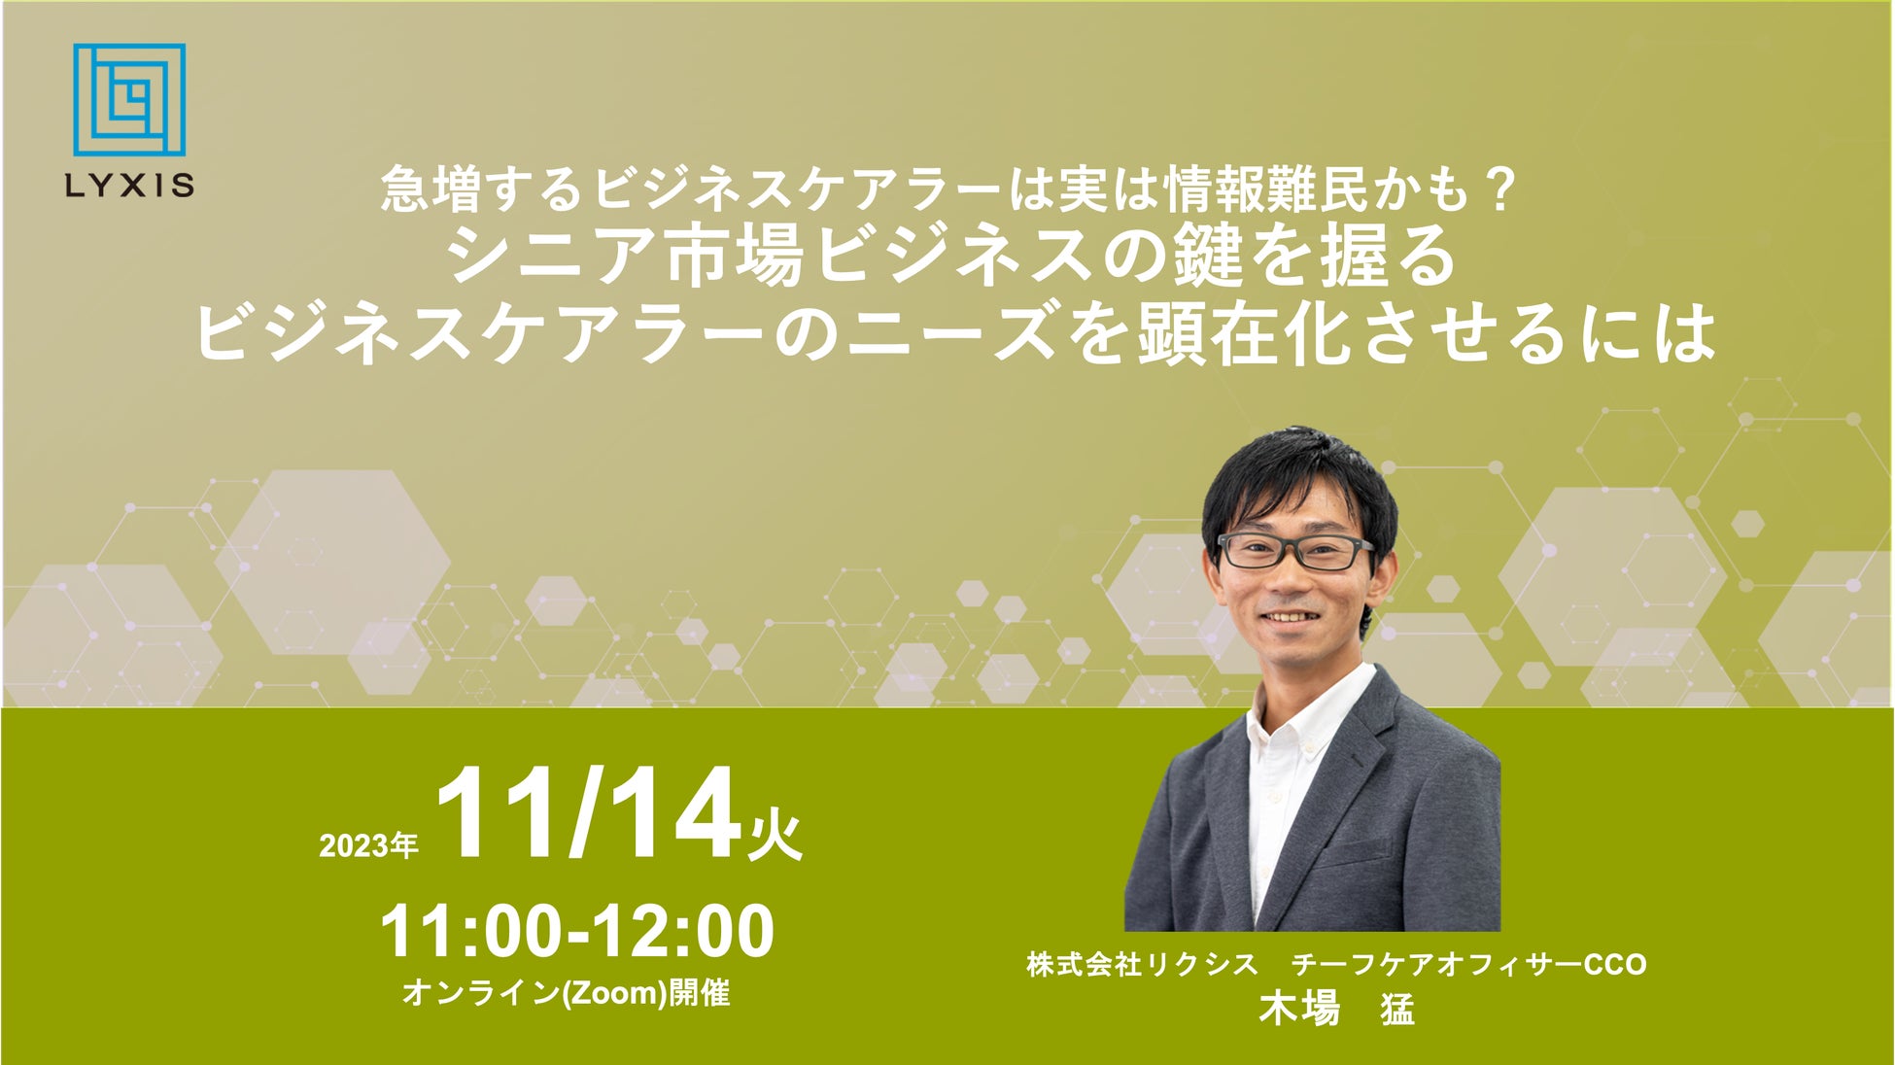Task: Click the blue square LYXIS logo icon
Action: click(129, 99)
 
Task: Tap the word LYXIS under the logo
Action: click(129, 186)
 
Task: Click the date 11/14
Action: click(589, 814)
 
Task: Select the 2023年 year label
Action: click(368, 845)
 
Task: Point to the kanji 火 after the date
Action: click(775, 835)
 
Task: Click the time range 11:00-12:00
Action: click(577, 932)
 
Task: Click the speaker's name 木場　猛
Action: click(1336, 1010)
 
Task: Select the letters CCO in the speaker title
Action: click(1615, 965)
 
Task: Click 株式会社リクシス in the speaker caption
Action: click(1142, 964)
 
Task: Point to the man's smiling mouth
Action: click(1290, 617)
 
